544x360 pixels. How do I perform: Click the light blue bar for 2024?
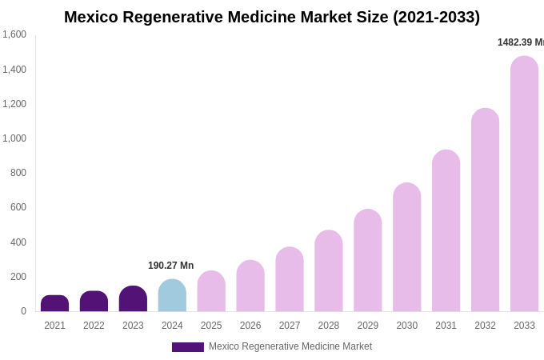(172, 296)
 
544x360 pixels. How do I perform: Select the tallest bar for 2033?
(524, 184)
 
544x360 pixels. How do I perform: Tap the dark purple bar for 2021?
(54, 304)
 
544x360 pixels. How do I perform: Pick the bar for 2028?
(329, 272)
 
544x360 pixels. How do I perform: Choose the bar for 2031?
(446, 232)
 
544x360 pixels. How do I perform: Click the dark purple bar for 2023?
(133, 299)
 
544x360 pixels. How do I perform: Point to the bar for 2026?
(250, 286)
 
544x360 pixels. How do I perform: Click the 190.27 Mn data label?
(170, 266)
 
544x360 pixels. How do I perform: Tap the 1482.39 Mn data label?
(520, 42)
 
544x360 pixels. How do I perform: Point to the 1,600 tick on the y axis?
(14, 34)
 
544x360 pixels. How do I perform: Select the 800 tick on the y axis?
(18, 173)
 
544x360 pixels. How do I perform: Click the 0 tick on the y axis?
(23, 311)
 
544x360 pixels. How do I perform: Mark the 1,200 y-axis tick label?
(14, 104)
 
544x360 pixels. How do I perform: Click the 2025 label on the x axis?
(211, 326)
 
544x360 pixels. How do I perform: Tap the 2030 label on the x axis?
(406, 326)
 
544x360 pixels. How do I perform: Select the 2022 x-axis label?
(94, 326)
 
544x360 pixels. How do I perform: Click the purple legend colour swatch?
(187, 347)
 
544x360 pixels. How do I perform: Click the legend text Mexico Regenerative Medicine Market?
(290, 346)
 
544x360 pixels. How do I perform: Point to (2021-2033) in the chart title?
(436, 17)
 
